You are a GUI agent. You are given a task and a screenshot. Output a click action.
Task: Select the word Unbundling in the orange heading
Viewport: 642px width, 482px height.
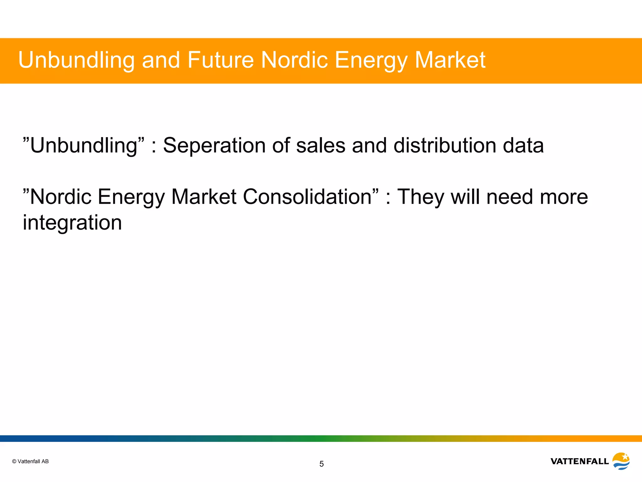point(76,60)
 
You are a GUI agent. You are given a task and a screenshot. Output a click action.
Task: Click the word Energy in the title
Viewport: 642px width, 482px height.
point(371,60)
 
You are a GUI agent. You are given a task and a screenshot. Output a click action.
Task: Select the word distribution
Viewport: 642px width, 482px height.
point(445,146)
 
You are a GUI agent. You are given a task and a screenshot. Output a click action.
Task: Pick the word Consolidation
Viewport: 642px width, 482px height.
point(307,197)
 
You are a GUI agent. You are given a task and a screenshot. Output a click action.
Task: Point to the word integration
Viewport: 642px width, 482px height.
point(72,223)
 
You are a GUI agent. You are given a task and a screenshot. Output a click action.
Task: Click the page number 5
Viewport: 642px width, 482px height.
point(321,464)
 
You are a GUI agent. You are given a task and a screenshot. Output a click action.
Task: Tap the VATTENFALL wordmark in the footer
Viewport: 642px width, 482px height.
point(579,461)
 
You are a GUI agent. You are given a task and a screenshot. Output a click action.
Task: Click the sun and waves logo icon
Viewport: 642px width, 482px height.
point(621,461)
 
